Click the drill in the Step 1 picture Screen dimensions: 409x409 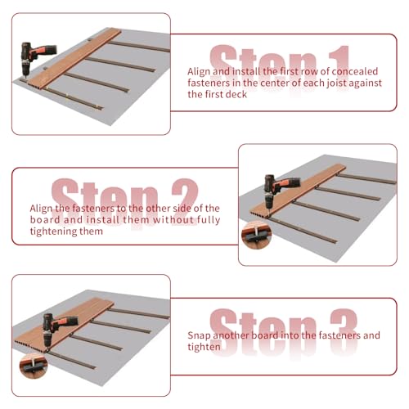click(x=34, y=56)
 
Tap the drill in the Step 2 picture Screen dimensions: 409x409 click(x=278, y=191)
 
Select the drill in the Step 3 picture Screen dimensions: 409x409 click(x=56, y=329)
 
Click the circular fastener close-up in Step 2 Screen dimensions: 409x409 click(x=256, y=236)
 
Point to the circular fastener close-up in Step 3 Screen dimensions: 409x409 click(x=34, y=366)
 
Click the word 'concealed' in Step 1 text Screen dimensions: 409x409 click(x=355, y=71)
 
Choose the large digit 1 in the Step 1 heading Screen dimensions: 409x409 click(x=339, y=64)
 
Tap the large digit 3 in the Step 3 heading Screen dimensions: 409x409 click(x=344, y=330)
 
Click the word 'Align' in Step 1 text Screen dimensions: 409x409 click(x=199, y=72)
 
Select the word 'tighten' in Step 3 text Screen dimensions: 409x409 click(x=204, y=348)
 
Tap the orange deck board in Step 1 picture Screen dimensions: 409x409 click(x=74, y=58)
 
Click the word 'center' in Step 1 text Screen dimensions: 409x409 click(x=275, y=83)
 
